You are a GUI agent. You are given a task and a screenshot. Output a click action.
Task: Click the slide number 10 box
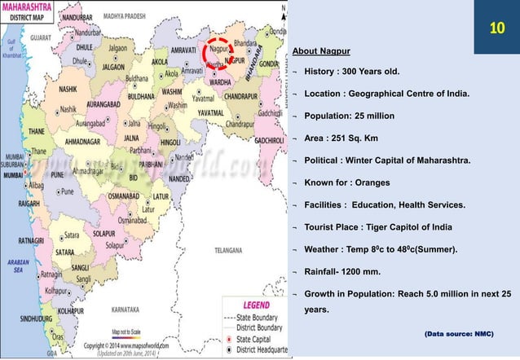coord(496,30)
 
